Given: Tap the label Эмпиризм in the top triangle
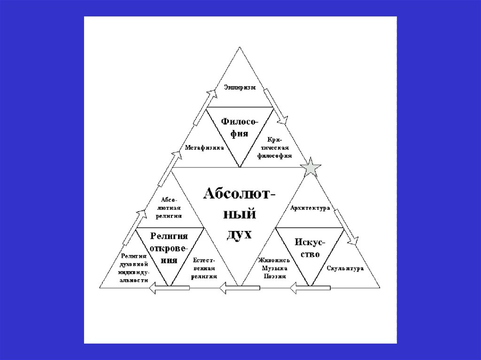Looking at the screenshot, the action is point(240,87).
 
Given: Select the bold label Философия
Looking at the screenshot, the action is point(240,127).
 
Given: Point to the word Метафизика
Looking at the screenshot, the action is point(204,147).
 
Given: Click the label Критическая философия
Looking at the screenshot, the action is point(275,148).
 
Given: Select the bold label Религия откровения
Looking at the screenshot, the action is point(169,247).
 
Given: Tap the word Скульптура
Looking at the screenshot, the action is point(345,269).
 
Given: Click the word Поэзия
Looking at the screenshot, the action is point(274,276).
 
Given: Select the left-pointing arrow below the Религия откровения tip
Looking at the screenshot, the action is point(169,288).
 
